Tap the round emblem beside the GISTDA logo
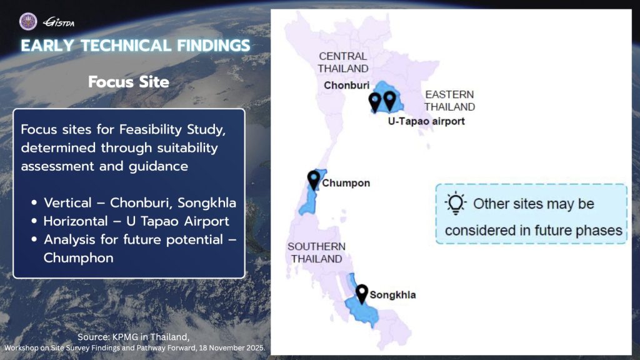tap(29, 22)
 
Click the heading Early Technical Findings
tap(136, 46)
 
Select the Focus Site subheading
tap(129, 82)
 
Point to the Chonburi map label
tap(347, 85)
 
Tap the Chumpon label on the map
tap(346, 183)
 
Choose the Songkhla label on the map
tap(392, 294)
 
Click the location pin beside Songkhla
tap(362, 292)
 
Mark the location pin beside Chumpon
tap(313, 180)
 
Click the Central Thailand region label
tap(343, 62)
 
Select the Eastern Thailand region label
tap(449, 101)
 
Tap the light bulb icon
tap(456, 203)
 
